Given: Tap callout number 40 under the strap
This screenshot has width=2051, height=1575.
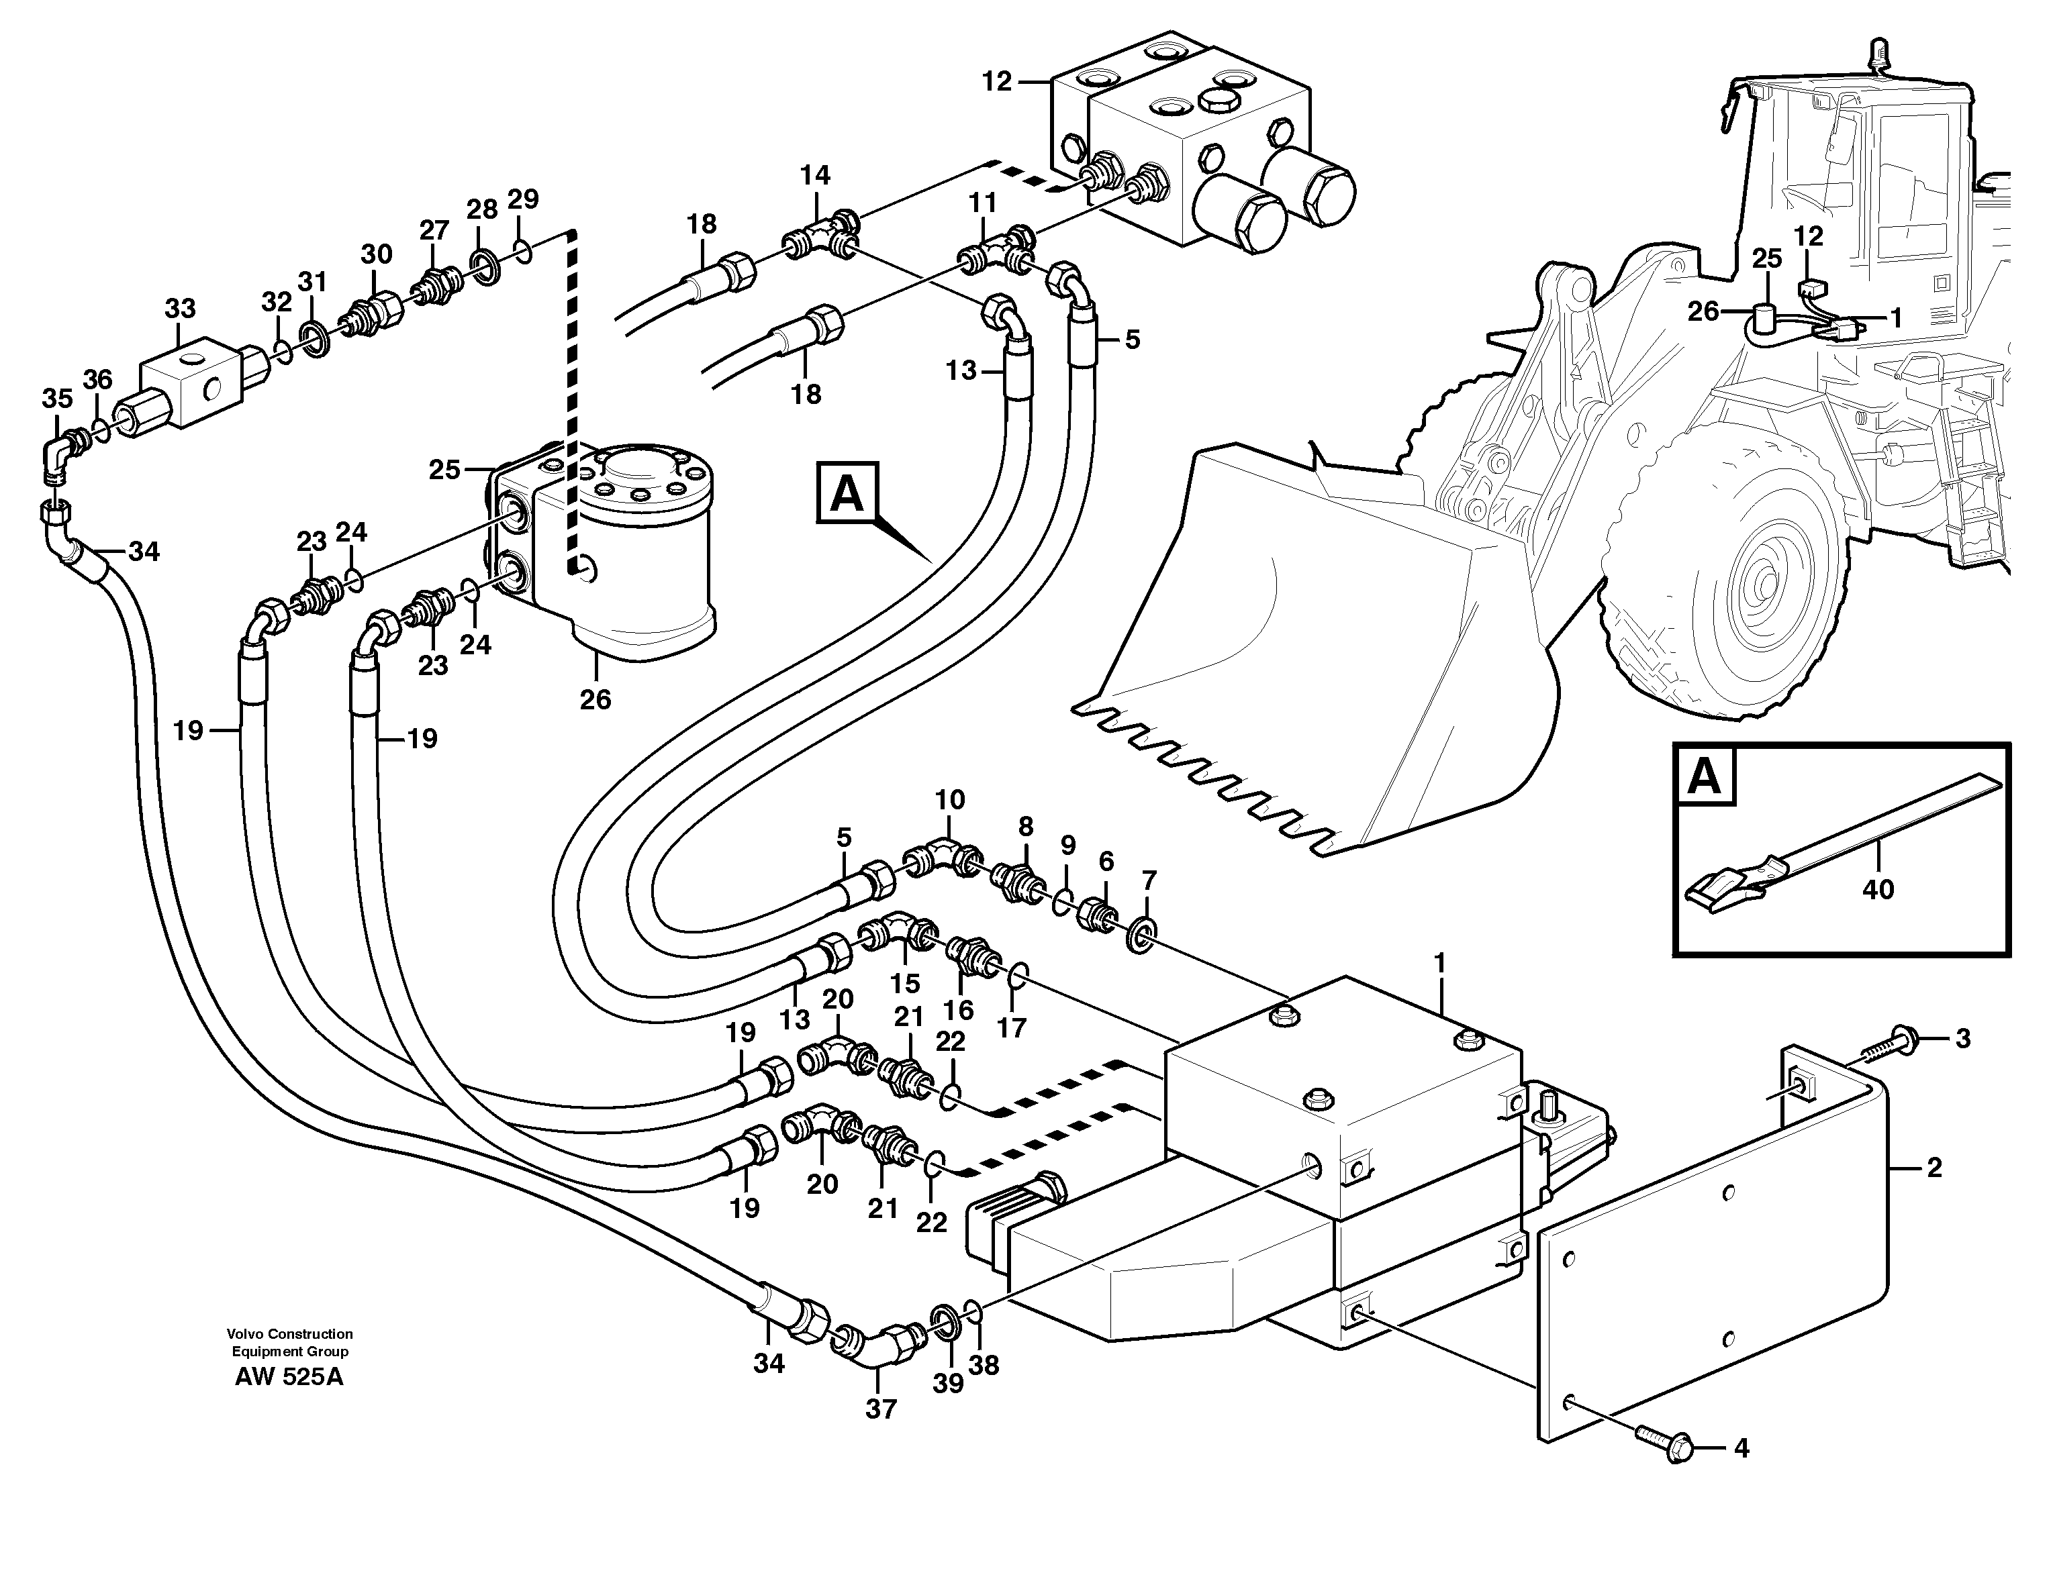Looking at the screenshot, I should (x=1878, y=888).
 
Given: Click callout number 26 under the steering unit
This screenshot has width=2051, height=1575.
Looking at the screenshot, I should (x=595, y=699).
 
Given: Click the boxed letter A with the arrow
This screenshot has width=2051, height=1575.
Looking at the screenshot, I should (x=847, y=492).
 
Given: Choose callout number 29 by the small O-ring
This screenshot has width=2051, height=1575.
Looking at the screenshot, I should (x=523, y=199).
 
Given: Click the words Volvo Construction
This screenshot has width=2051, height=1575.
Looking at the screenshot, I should (x=289, y=1333).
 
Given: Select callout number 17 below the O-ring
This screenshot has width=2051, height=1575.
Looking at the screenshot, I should (x=1012, y=1027).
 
